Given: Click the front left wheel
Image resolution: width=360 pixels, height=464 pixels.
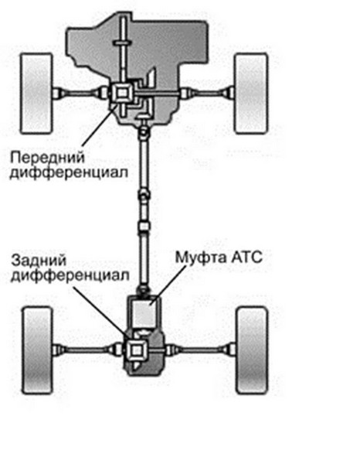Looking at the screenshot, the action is tap(36, 94).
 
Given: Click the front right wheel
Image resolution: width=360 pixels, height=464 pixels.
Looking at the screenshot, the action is tap(251, 94).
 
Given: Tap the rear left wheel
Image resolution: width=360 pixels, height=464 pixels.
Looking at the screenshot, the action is tap(38, 350).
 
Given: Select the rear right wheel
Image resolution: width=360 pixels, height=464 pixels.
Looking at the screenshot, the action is tap(253, 350).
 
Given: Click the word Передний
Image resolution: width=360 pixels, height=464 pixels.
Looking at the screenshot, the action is tap(48, 158).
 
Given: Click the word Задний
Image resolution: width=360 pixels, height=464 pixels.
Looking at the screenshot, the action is tap(39, 261).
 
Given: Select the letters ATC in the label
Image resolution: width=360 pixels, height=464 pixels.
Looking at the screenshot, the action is tap(246, 257).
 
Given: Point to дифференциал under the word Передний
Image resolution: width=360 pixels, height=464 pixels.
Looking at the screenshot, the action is tap(69, 172).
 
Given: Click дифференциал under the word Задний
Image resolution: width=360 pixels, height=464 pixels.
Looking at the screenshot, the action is tap(70, 276).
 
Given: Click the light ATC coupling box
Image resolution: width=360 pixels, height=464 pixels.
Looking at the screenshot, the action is tap(144, 313).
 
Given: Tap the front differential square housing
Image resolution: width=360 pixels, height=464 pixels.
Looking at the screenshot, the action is tap(122, 94).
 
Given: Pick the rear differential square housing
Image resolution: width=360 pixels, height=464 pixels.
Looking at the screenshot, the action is tap(136, 350).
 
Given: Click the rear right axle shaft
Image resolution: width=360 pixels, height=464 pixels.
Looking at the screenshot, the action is tap(200, 350).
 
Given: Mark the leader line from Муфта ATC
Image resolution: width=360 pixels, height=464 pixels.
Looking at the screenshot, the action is tap(168, 285).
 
